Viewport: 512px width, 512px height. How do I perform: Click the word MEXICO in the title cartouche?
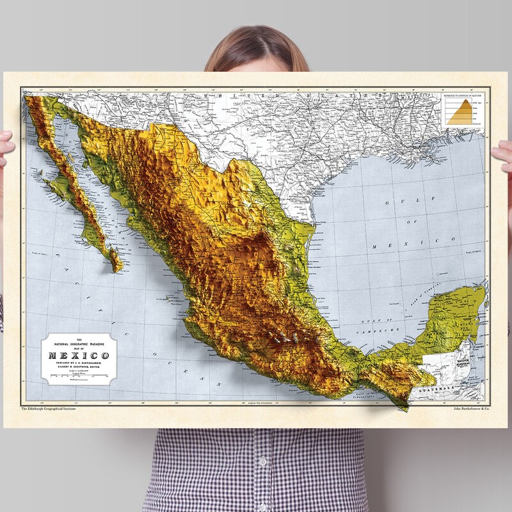pyautogui.click(x=76, y=356)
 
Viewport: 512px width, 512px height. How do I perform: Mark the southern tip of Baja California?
pyautogui.click(x=118, y=269)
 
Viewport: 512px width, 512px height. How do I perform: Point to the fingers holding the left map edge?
pyautogui.click(x=5, y=143)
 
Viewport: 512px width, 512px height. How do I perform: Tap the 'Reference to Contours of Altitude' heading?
pyautogui.click(x=460, y=96)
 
